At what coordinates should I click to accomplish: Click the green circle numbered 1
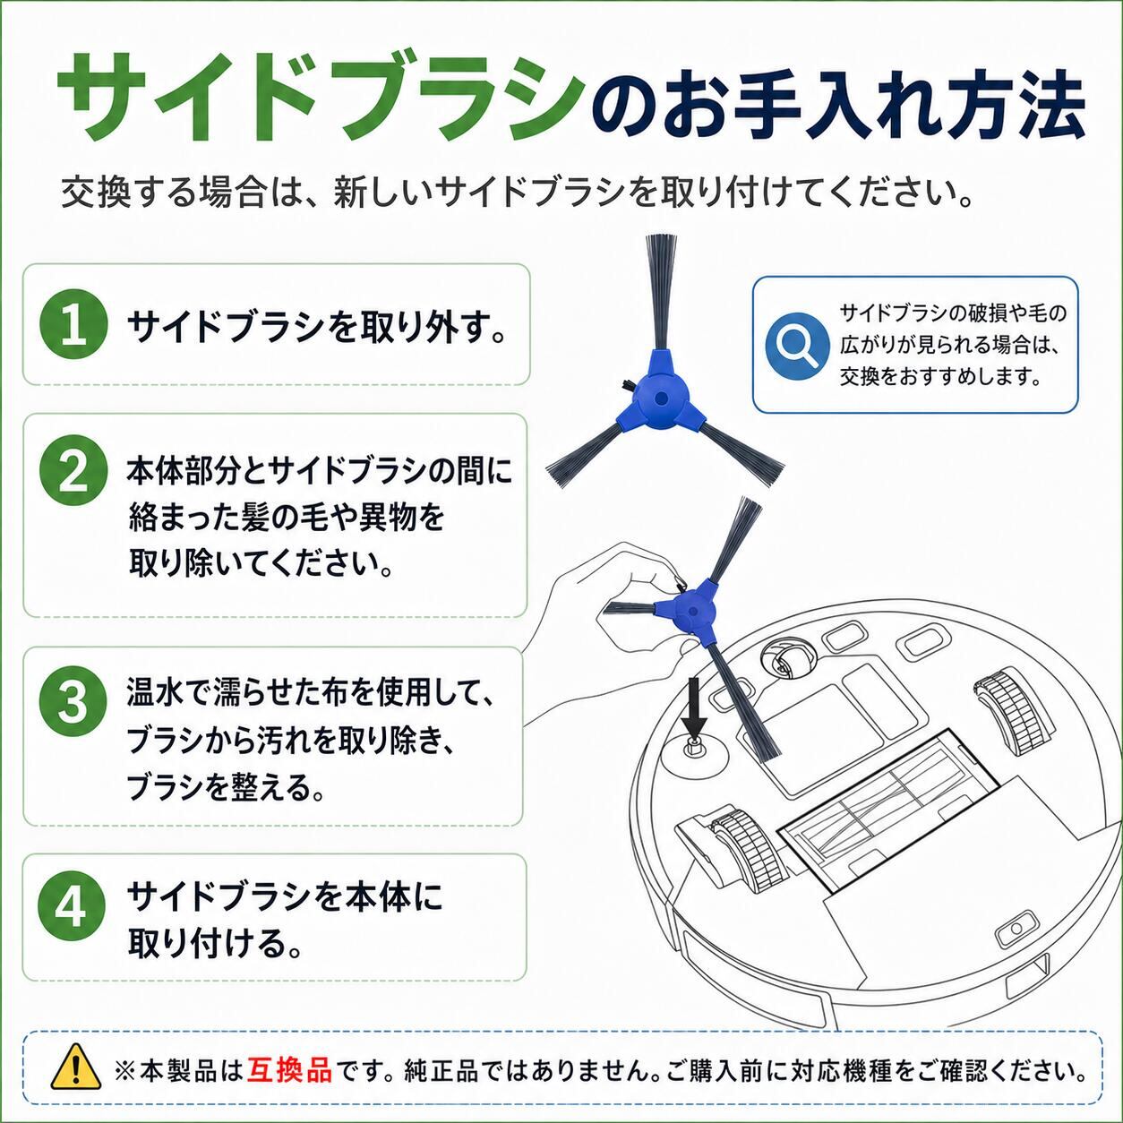[x=73, y=324]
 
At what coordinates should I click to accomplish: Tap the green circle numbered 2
[x=73, y=473]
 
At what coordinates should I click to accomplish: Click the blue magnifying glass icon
[x=797, y=347]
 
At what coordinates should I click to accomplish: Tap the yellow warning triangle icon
[x=76, y=1070]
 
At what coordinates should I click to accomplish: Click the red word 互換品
[x=289, y=1070]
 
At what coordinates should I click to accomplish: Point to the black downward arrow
[x=694, y=707]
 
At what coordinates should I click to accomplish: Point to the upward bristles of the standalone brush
[x=661, y=292]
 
